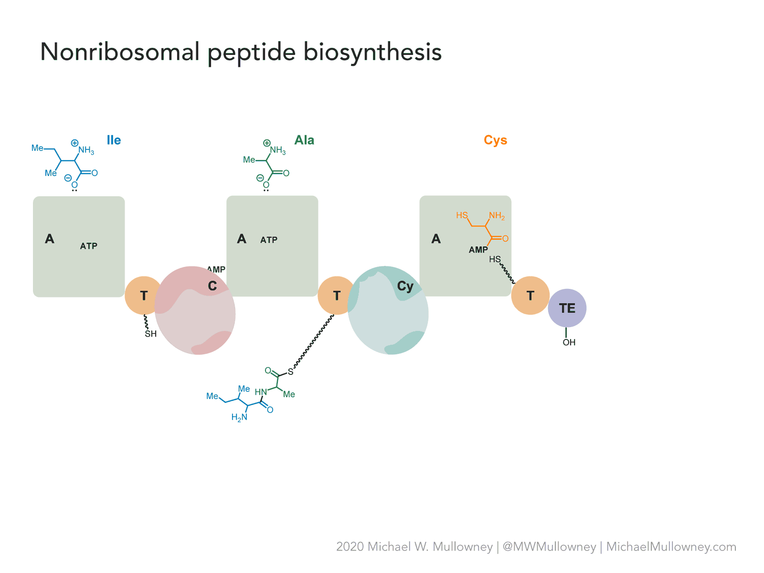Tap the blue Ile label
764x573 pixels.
pyautogui.click(x=114, y=140)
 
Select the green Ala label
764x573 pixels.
pyautogui.click(x=304, y=140)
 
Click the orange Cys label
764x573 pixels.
pyautogui.click(x=495, y=140)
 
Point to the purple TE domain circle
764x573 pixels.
pyautogui.click(x=567, y=308)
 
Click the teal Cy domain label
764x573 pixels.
pyautogui.click(x=405, y=286)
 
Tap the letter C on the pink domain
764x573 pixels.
pyautogui.click(x=212, y=286)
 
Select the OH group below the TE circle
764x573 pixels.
pyautogui.click(x=569, y=342)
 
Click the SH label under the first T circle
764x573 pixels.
pyautogui.click(x=150, y=334)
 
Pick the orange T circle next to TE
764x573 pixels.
pyautogui.click(x=530, y=296)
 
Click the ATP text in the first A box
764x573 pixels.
pyautogui.click(x=88, y=246)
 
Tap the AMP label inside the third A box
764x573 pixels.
pyautogui.click(x=478, y=249)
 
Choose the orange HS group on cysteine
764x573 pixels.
pyautogui.click(x=462, y=215)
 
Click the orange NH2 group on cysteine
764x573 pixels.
pyautogui.click(x=497, y=216)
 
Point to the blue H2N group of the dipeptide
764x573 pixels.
pyautogui.click(x=239, y=417)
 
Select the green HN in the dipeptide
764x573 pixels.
pyautogui.click(x=261, y=392)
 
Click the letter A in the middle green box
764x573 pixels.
pyautogui.click(x=241, y=239)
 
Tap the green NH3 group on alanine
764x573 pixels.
pyautogui.click(x=278, y=150)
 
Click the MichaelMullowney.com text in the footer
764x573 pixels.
pyautogui.click(x=671, y=547)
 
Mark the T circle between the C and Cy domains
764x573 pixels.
pyautogui.click(x=336, y=296)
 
